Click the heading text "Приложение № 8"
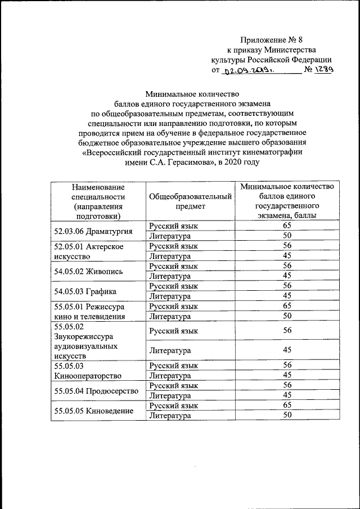(271, 39)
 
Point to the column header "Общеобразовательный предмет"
(190, 201)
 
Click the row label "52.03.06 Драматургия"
(93, 231)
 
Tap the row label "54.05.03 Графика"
(85, 291)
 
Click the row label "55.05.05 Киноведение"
(93, 411)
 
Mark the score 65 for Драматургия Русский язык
(287, 226)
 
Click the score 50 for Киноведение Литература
(287, 415)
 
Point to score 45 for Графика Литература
(287, 296)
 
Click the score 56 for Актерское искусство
(287, 246)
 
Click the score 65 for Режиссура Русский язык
(287, 306)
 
